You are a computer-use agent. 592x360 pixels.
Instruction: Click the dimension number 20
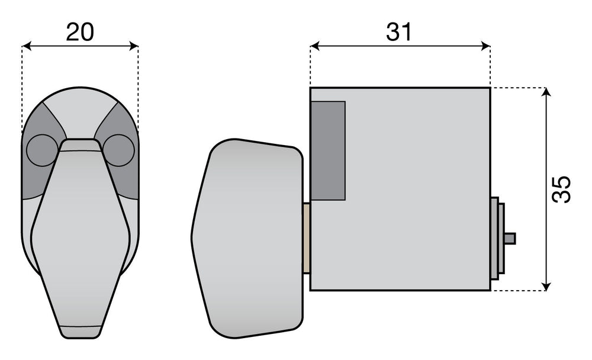click(80, 32)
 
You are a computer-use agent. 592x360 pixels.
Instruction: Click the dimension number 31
click(399, 32)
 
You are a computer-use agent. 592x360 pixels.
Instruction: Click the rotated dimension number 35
click(561, 189)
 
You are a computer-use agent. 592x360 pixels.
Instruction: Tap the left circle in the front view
click(42, 150)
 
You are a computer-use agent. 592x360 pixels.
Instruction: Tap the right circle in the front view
click(118, 150)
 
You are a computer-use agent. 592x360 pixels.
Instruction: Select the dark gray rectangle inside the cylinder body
click(328, 150)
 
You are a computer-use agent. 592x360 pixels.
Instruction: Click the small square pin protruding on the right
click(510, 239)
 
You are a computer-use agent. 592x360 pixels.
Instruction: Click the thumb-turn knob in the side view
click(247, 239)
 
